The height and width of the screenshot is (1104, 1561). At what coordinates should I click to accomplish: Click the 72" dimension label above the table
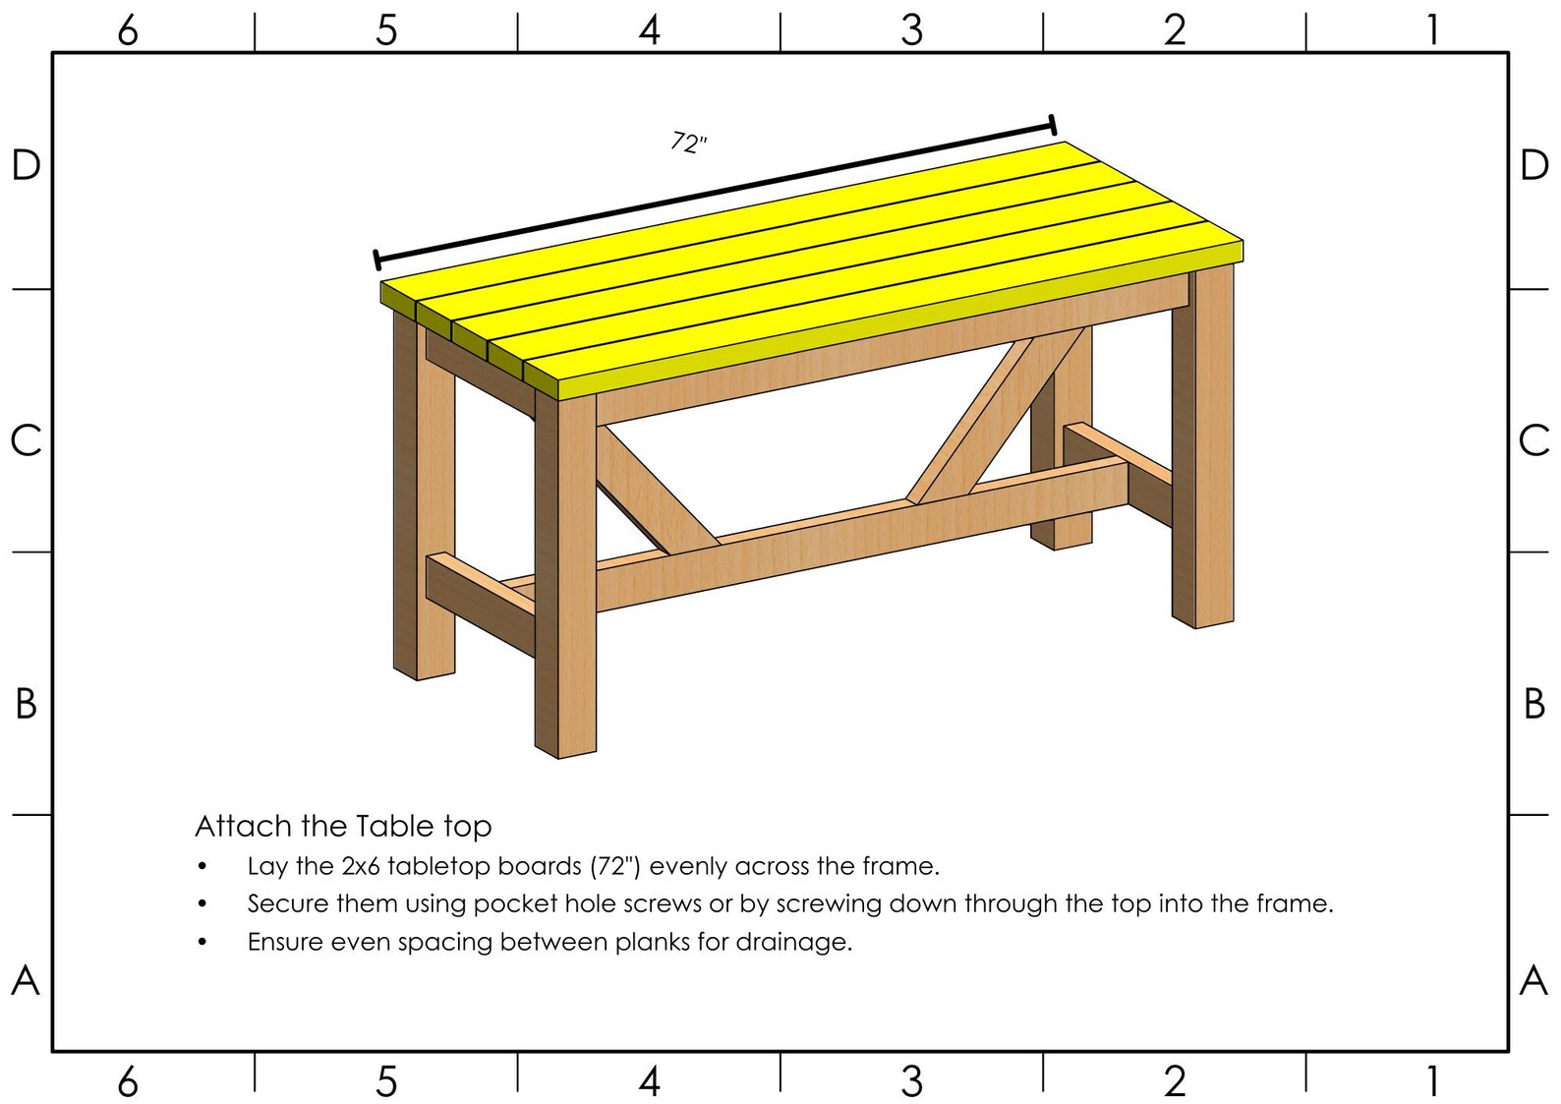pyautogui.click(x=689, y=143)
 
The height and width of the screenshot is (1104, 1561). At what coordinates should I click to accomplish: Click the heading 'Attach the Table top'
pyautogui.click(x=343, y=826)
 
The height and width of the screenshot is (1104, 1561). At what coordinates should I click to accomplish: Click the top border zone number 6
pyautogui.click(x=128, y=30)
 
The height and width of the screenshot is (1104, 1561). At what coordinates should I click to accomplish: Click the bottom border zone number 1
pyautogui.click(x=1433, y=1081)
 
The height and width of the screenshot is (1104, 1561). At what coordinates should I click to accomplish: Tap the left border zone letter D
pyautogui.click(x=26, y=165)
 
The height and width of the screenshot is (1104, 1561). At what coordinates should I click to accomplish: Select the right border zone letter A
pyautogui.click(x=1533, y=980)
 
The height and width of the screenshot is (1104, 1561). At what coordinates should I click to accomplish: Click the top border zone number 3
pyautogui.click(x=911, y=30)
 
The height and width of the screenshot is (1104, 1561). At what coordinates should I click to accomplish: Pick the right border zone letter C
pyautogui.click(x=1533, y=440)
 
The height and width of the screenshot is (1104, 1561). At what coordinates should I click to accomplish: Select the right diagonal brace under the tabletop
pyautogui.click(x=993, y=418)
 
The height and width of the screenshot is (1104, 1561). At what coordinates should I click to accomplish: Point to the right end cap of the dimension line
pyautogui.click(x=1053, y=125)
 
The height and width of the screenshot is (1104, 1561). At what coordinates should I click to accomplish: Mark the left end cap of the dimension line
pyautogui.click(x=376, y=260)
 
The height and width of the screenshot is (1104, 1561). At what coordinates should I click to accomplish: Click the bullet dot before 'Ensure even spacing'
pyautogui.click(x=202, y=942)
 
